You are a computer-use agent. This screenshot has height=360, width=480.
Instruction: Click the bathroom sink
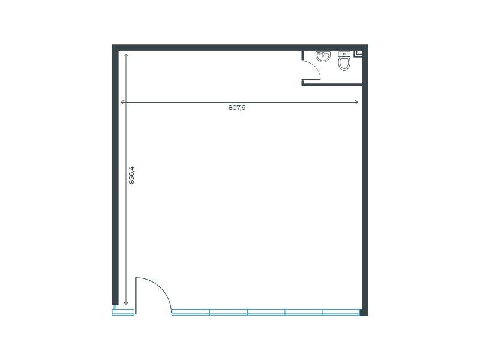click(323, 56)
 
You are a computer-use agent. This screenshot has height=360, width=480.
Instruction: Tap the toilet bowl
click(344, 63)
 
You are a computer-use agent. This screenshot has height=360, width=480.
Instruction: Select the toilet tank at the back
click(344, 54)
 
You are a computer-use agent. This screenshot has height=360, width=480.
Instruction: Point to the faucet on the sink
click(323, 53)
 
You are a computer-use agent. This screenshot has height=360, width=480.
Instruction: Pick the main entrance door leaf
click(136, 295)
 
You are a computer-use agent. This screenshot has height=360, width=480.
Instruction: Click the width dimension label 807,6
click(237, 107)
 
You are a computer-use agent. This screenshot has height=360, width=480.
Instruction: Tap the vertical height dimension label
click(131, 175)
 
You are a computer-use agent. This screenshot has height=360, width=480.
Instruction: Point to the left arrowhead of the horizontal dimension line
click(122, 103)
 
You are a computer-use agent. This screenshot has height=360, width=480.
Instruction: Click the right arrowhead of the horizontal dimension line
click(358, 103)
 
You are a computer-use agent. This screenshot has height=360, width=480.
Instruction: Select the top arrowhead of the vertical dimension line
click(126, 55)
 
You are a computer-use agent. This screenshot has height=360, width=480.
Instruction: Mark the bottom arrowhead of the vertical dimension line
click(126, 303)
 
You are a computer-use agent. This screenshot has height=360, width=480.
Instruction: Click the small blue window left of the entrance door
click(123, 312)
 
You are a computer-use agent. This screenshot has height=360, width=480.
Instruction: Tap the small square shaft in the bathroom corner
click(359, 53)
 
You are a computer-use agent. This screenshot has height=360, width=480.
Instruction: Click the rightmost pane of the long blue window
click(341, 312)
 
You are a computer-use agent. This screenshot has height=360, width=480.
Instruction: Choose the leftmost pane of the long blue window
click(191, 312)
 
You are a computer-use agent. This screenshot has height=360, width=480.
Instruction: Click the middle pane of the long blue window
click(266, 312)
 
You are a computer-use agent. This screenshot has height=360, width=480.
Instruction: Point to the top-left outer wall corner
click(115, 47)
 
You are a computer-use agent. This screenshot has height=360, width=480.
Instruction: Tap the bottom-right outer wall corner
click(364, 312)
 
